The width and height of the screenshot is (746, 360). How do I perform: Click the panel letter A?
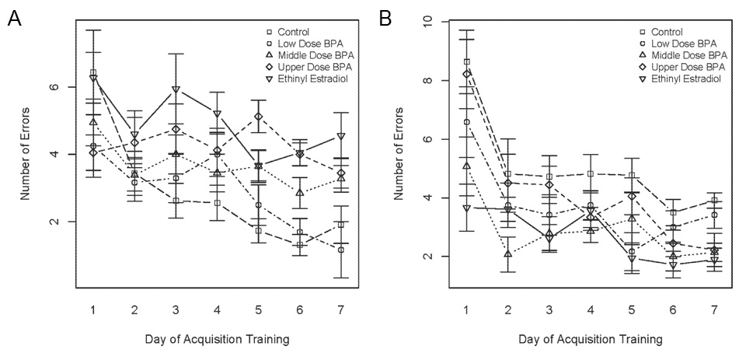(15, 19)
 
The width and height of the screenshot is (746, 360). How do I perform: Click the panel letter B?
(385, 19)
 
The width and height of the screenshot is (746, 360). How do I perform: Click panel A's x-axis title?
(216, 339)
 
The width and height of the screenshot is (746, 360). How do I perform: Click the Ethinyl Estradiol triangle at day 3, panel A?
(176, 90)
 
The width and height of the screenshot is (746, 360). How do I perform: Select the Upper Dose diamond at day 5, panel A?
(258, 117)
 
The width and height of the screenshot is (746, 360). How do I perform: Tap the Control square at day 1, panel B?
(466, 61)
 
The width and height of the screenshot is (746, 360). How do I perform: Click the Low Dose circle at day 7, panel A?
(340, 250)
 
